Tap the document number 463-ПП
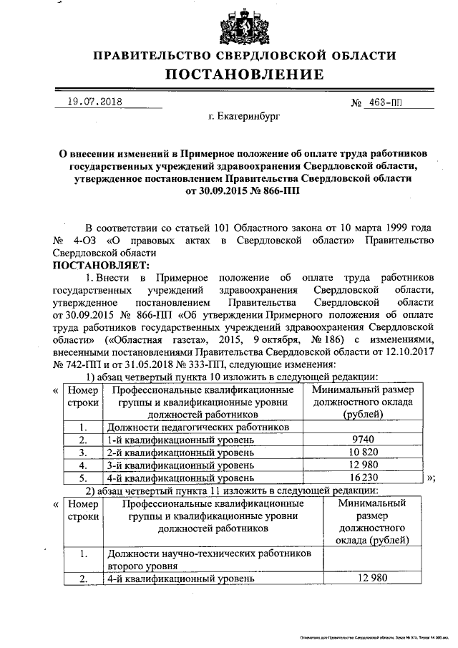(383, 102)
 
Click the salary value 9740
(365, 440)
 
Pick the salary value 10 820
(365, 453)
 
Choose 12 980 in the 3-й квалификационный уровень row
(365, 465)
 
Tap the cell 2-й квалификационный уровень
(179, 453)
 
